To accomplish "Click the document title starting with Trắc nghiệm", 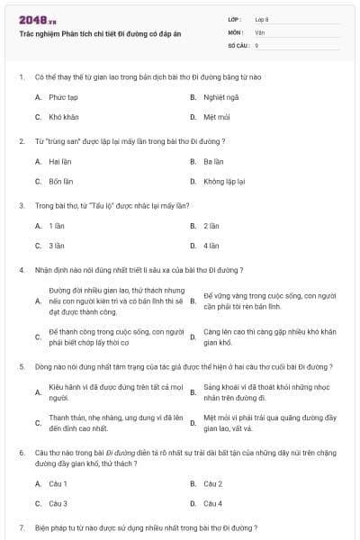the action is pos(100,33).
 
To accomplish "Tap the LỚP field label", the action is pos(235,19).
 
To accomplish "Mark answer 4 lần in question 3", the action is pos(211,245).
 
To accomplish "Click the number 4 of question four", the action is pos(21,269).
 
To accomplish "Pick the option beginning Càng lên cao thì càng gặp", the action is pos(269,337).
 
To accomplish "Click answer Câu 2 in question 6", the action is pos(213,483).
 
